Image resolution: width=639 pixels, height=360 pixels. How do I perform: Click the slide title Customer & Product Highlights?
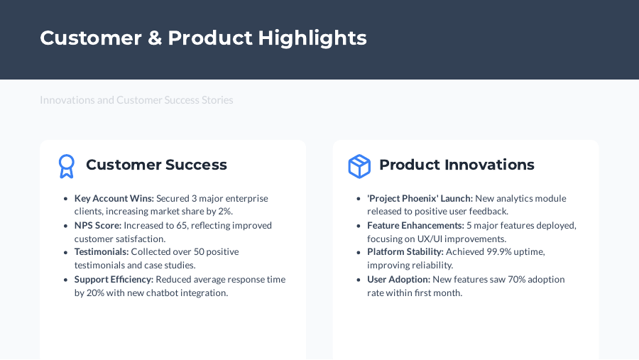tap(203, 38)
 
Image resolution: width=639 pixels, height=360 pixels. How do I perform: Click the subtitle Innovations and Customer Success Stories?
tap(136, 100)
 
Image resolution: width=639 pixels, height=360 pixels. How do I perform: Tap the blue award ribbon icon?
tap(66, 166)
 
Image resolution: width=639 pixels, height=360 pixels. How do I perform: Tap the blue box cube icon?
tap(359, 166)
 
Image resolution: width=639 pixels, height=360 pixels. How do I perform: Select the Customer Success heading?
tap(156, 165)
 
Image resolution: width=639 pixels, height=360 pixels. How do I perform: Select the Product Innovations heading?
tap(457, 165)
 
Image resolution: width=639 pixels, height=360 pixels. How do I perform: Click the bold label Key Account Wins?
tap(114, 199)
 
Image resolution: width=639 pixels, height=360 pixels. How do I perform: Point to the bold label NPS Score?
tap(98, 226)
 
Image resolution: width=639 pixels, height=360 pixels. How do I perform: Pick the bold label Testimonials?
tap(102, 252)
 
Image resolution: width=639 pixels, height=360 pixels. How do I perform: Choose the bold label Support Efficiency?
tap(114, 279)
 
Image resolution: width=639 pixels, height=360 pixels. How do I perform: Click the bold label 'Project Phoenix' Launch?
tap(420, 199)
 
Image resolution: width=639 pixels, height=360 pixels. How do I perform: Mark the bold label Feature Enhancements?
tap(415, 226)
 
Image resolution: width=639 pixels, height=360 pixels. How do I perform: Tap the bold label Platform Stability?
tap(405, 252)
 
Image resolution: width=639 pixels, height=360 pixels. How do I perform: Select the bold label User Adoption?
tap(398, 279)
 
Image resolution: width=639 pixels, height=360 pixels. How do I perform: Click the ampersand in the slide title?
tap(154, 38)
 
